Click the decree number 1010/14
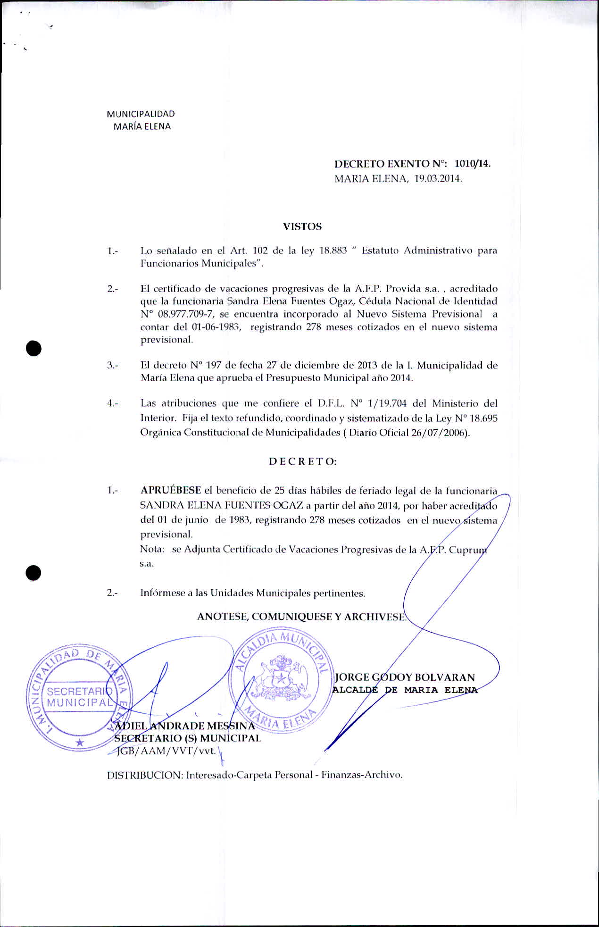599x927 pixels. [x=472, y=164]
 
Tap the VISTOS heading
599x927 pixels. [x=302, y=226]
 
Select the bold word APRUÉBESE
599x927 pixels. [x=171, y=491]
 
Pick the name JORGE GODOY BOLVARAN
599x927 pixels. [x=405, y=677]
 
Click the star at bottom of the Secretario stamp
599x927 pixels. [x=81, y=742]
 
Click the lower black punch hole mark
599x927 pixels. [x=34, y=572]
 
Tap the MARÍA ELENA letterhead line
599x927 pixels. [x=142, y=126]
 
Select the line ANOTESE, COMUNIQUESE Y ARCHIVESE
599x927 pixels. [x=301, y=617]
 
